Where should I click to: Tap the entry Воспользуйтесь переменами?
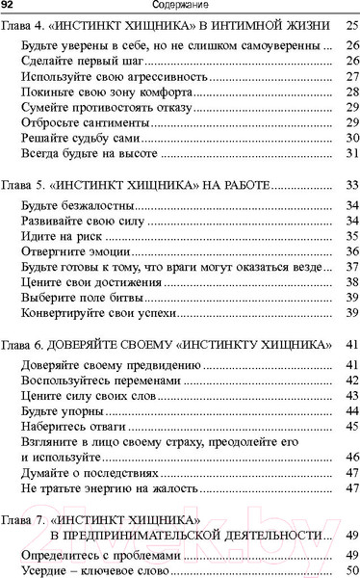tap(91, 381)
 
